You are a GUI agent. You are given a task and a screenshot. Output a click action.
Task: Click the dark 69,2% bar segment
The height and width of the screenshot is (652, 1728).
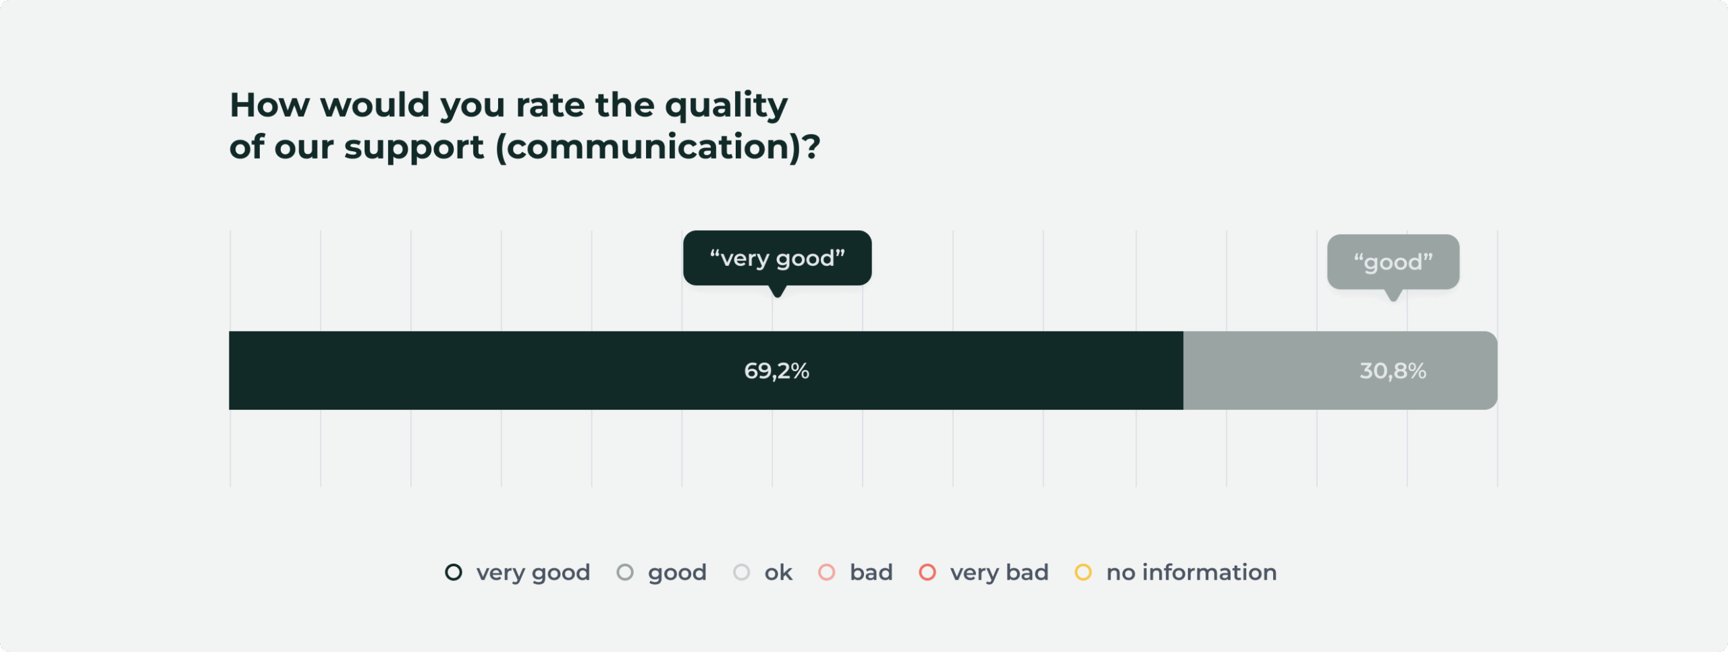[x=706, y=371]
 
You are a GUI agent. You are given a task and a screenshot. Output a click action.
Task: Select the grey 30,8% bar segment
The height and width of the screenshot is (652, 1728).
[x=1341, y=371]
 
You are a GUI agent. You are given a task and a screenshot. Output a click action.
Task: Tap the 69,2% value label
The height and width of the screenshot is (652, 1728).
[x=776, y=371]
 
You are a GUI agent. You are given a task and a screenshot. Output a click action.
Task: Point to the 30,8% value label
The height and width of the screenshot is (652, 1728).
[x=1393, y=371]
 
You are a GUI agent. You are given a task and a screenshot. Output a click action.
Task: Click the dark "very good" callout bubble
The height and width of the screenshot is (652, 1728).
[x=777, y=258]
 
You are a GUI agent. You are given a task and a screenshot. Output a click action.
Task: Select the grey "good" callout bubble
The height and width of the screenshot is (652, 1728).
[x=1393, y=262]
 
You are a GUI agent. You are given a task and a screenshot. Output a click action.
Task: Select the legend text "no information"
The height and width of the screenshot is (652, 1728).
[x=1191, y=572]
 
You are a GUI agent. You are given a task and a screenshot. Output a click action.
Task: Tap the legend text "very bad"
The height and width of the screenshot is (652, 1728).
[x=999, y=573]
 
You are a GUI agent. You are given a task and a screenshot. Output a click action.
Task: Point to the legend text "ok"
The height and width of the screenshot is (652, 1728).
[x=778, y=572]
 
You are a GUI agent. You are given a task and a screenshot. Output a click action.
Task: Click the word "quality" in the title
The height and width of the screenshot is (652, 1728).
[x=726, y=107]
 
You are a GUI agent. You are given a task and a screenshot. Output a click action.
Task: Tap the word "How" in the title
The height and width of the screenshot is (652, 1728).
[x=270, y=105]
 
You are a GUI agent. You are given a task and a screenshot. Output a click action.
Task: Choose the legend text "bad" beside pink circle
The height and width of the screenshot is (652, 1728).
[x=871, y=572]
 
